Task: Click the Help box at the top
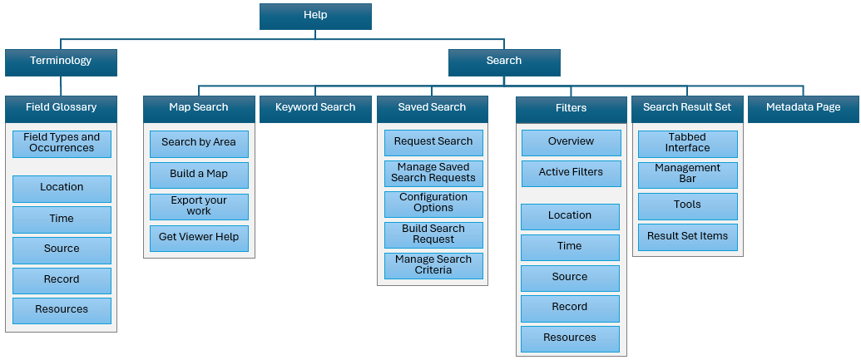coord(315,16)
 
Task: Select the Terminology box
coord(61,62)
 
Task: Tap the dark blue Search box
coord(504,62)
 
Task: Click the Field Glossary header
coord(61,108)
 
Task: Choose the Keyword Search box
coord(315,108)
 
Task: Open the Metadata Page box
coord(803,108)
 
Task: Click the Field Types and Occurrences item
coord(62,143)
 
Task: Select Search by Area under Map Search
coord(199,143)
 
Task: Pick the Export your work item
coord(199,206)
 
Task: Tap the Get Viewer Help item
coord(199,238)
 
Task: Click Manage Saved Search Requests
coord(433,173)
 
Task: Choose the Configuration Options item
coord(433,203)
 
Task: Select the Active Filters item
coord(571,173)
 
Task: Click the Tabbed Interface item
coord(687,143)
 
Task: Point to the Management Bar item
coord(687,174)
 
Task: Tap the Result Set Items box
coord(687,237)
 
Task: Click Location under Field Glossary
coord(62,188)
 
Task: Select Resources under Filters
coord(570,338)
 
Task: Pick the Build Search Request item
coord(433,234)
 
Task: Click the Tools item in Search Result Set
coord(687,205)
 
